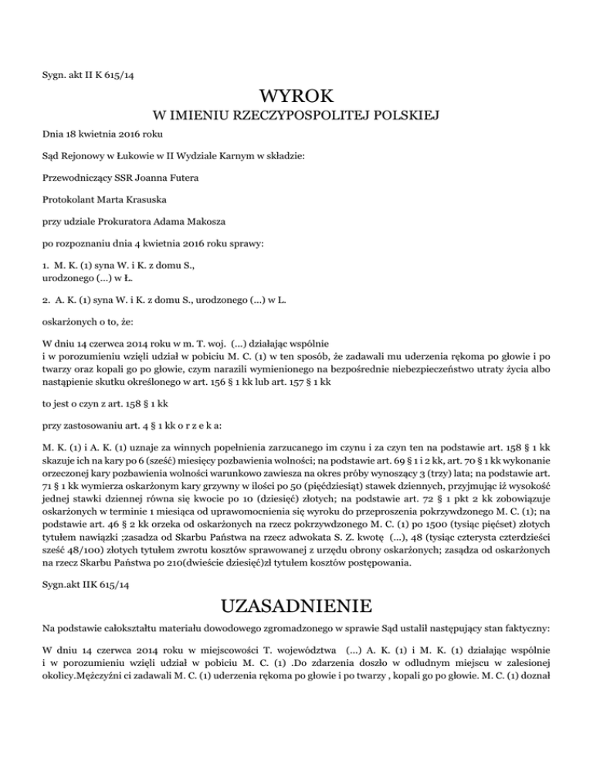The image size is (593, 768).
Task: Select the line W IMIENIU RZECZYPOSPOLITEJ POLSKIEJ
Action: pyautogui.click(x=296, y=117)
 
